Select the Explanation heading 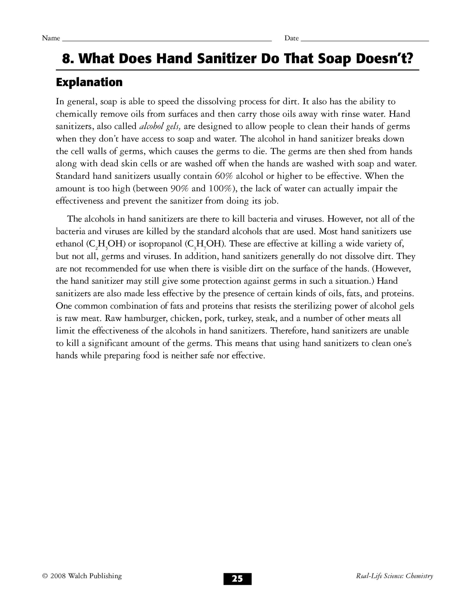tap(89, 82)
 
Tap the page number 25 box tap(237, 588)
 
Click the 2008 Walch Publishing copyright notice tap(82, 585)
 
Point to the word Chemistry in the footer tap(419, 585)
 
